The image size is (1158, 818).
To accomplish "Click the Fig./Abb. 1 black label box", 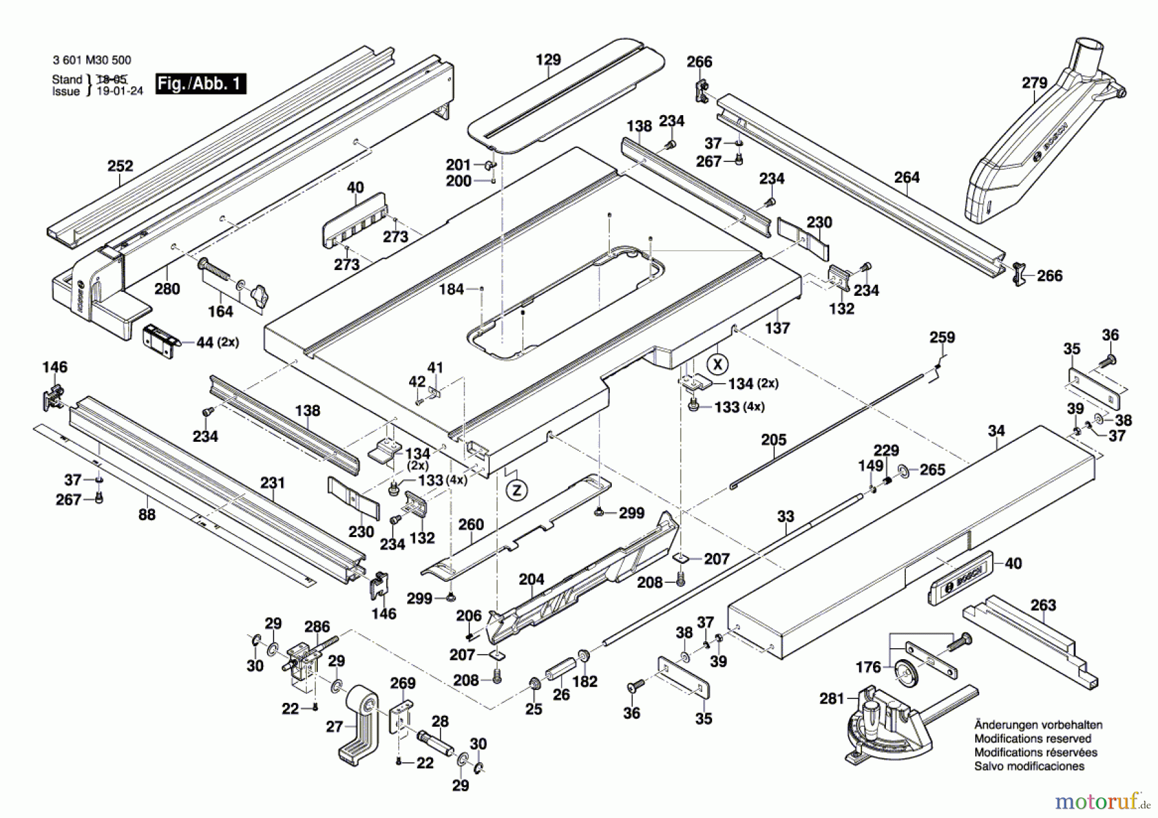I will [201, 84].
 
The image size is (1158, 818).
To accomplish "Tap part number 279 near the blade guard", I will [1034, 83].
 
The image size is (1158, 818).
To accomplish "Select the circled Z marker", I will [516, 491].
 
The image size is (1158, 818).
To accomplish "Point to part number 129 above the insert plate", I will [548, 60].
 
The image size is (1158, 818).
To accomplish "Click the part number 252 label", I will [120, 166].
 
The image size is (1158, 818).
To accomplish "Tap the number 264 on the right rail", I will [906, 177].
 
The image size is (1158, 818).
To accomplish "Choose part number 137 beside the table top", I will [777, 328].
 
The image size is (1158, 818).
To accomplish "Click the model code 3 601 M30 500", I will [92, 60].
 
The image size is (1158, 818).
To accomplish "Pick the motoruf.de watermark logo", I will [1102, 801].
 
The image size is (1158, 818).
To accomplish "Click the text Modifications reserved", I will [1033, 738].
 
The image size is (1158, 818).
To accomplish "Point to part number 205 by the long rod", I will [773, 440].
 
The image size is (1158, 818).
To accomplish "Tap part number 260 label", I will [471, 525].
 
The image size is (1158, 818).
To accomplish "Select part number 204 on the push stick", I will [531, 579].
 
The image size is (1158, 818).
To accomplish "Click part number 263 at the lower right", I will [1043, 605].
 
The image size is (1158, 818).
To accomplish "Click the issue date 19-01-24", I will [119, 91].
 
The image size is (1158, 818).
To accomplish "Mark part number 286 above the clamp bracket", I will [317, 627].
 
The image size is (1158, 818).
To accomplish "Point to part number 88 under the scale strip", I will [147, 514].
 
